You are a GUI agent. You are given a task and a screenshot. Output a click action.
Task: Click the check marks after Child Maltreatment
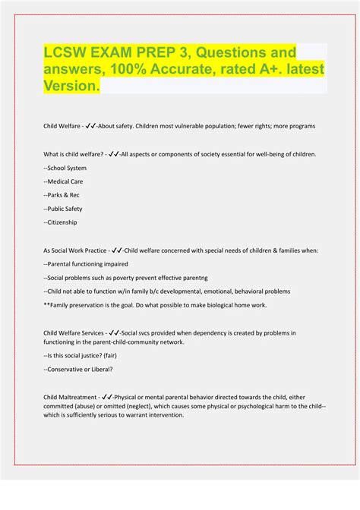point(107,395)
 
